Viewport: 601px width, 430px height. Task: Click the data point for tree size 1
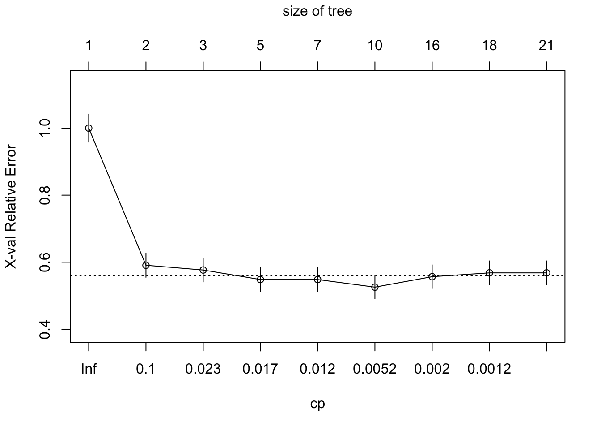click(x=89, y=128)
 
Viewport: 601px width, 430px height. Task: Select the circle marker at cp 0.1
click(x=146, y=265)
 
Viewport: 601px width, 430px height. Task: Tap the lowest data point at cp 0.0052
click(x=375, y=287)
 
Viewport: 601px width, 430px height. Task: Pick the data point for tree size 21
click(x=546, y=273)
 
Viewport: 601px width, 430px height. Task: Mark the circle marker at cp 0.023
click(x=203, y=270)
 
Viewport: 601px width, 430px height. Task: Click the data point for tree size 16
click(x=432, y=276)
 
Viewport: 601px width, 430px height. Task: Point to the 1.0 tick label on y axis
click(x=45, y=128)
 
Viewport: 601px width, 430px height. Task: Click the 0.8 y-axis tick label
click(x=45, y=195)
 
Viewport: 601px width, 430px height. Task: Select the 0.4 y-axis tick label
click(x=45, y=329)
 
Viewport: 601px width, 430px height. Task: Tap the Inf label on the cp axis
click(x=89, y=369)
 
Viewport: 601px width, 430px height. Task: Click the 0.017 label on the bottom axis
click(x=260, y=369)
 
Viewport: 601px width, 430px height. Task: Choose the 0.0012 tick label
click(x=489, y=369)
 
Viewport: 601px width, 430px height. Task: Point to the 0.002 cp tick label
click(x=432, y=369)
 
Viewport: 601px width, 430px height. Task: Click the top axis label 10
click(x=375, y=45)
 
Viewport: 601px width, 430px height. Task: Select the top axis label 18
click(x=489, y=45)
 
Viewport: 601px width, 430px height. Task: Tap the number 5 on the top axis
click(x=260, y=45)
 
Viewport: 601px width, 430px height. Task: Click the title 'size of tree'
click(x=317, y=11)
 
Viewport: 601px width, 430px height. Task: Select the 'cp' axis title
click(x=317, y=404)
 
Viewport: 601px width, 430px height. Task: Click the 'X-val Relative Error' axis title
click(x=11, y=206)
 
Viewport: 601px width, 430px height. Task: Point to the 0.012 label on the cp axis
click(x=317, y=369)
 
